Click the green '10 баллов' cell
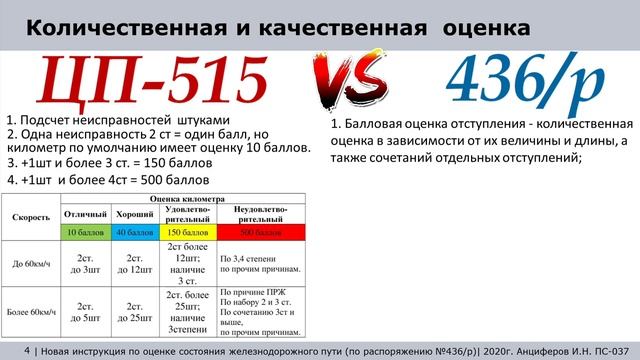click(x=84, y=232)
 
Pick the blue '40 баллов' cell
click(x=133, y=232)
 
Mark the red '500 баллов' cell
click(x=258, y=232)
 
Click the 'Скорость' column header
click(x=31, y=216)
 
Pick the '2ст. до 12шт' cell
click(x=133, y=262)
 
